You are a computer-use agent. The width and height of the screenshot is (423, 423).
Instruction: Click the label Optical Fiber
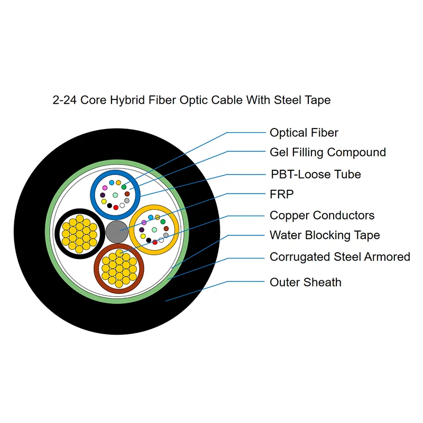[x=304, y=133]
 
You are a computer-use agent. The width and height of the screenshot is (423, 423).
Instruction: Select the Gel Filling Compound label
[x=327, y=152]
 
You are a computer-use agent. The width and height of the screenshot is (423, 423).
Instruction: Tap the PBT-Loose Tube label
[x=315, y=174]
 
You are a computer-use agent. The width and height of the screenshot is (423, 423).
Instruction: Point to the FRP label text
[x=281, y=194]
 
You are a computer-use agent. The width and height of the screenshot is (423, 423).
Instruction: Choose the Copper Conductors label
[x=321, y=215]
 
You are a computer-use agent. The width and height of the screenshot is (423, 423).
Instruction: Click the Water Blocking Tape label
[x=324, y=235]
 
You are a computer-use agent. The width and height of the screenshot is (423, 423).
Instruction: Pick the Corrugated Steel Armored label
[x=339, y=257]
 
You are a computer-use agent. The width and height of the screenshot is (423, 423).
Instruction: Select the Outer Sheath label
[x=305, y=282]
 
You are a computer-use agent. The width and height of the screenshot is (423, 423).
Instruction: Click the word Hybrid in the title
[x=128, y=100]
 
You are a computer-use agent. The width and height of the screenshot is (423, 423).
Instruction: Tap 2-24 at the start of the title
[x=65, y=100]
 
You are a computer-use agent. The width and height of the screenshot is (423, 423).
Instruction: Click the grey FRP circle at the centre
[x=117, y=232]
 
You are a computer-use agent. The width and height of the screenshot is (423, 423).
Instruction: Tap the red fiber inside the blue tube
[x=116, y=207]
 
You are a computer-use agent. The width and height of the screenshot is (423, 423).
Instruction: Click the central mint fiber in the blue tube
[x=115, y=195]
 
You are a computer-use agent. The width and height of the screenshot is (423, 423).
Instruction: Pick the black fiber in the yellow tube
[x=149, y=240]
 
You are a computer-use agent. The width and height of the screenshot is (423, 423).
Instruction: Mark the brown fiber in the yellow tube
[x=166, y=229]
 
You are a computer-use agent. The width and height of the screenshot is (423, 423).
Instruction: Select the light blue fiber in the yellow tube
[x=151, y=217]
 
